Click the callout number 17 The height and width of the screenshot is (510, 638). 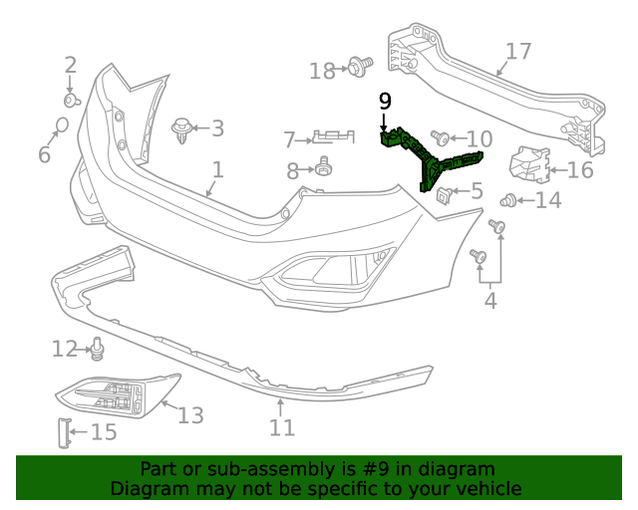[519, 52]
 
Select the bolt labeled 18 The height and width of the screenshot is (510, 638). [356, 68]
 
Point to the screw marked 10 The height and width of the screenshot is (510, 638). [439, 135]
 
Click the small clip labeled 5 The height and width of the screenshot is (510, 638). [444, 191]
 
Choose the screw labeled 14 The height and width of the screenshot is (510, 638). [508, 200]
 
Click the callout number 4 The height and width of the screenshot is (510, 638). [490, 299]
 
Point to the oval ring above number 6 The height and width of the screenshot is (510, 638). [61, 126]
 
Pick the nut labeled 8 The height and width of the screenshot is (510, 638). [324, 167]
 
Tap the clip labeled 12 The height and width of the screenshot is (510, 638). [98, 348]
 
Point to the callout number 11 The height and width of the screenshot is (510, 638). [281, 427]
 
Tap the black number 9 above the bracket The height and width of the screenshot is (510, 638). [386, 101]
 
